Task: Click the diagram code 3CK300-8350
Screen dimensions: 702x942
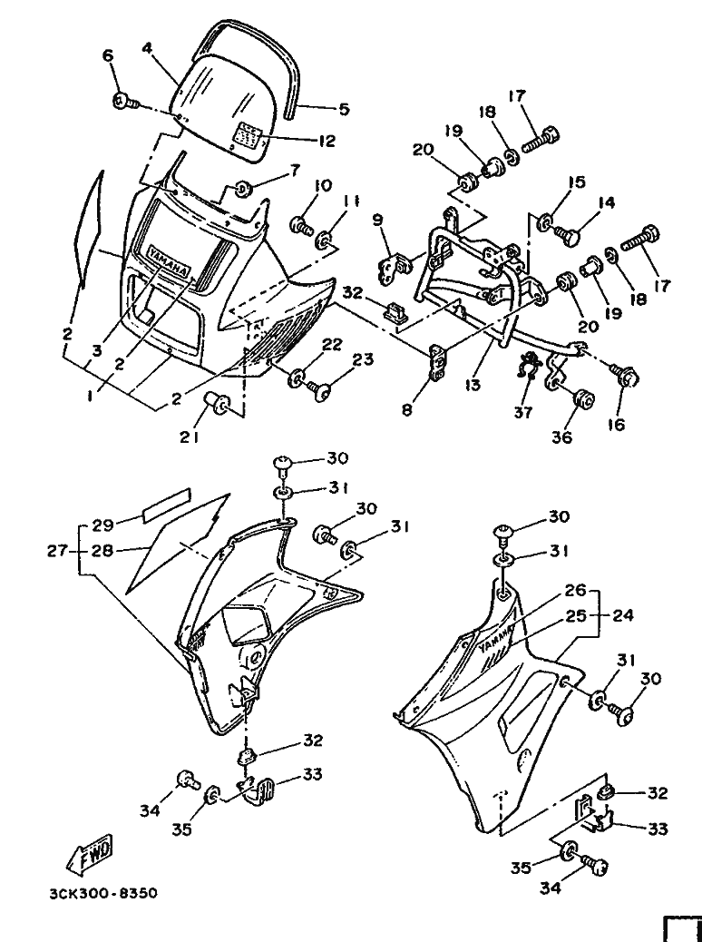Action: pos(104,893)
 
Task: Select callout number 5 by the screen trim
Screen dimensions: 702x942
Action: pos(344,109)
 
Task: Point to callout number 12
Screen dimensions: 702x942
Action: pos(328,141)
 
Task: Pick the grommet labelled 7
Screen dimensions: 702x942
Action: pos(242,189)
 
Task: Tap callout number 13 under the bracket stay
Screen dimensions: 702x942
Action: pos(473,384)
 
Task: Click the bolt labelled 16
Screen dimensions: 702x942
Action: pos(625,376)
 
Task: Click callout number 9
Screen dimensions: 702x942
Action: pos(377,221)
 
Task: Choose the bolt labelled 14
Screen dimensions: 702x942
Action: pos(568,229)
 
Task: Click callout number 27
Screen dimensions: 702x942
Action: pos(57,550)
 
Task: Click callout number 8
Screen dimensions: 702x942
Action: pos(407,411)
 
